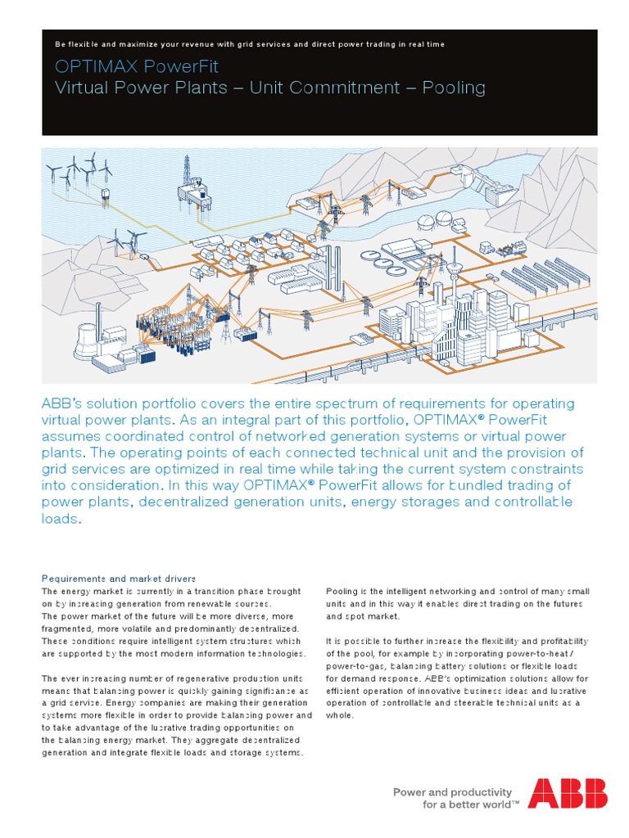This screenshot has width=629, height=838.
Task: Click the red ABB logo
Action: [568, 794]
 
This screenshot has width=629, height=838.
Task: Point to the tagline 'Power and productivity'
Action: [452, 791]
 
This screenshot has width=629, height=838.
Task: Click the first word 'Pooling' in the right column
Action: [343, 591]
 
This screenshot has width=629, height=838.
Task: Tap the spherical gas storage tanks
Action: [435, 219]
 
